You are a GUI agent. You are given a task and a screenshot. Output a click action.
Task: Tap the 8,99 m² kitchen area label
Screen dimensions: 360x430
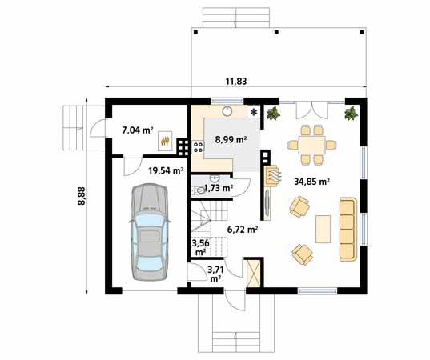[230, 139]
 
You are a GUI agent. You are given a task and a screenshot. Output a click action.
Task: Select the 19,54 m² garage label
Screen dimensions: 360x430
[166, 170]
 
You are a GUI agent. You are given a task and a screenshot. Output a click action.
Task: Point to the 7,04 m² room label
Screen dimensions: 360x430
[137, 128]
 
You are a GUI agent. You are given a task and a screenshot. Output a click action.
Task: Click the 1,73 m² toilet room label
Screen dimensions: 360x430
[218, 189]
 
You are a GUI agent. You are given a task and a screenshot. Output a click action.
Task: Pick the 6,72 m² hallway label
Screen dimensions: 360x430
[242, 229]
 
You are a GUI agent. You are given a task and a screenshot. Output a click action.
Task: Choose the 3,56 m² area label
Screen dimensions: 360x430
[200, 246]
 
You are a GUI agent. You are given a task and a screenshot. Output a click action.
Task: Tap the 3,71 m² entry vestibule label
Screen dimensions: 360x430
[215, 274]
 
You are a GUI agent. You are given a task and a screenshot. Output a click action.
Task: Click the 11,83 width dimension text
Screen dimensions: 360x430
[235, 80]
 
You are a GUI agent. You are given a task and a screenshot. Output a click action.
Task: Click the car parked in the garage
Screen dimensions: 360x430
[148, 230]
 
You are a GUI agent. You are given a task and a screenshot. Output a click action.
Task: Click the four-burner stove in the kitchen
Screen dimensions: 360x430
[182, 146]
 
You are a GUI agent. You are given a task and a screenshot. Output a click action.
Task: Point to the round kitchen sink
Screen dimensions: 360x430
[228, 112]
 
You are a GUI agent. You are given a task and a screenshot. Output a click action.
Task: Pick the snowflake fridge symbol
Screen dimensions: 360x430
[255, 112]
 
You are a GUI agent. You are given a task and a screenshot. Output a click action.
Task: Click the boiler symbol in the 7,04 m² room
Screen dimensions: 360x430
[166, 139]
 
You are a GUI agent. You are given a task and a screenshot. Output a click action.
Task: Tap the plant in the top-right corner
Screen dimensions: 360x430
[351, 114]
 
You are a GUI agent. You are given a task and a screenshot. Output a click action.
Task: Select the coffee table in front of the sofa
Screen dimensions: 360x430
[324, 229]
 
